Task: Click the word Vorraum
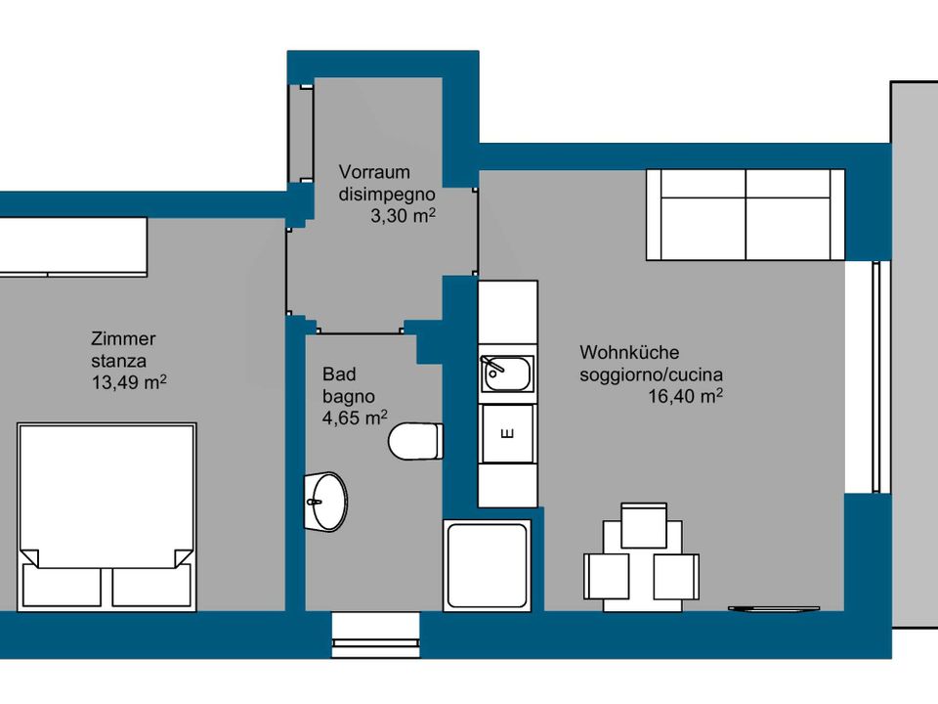point(374,172)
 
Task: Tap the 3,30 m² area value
point(403,215)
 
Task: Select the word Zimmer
point(123,339)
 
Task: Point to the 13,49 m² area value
point(129,382)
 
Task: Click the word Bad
point(339,374)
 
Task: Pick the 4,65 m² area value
point(355,418)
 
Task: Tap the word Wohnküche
point(629,352)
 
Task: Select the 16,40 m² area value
point(686,396)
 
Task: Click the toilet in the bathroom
point(416,441)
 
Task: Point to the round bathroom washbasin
point(326,502)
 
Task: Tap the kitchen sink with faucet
point(507,374)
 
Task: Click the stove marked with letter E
point(507,433)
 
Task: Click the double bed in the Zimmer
point(107,517)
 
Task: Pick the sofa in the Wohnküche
point(746,215)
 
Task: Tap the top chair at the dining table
point(644,525)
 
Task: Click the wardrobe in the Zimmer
point(73,246)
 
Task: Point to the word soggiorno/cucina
point(651,374)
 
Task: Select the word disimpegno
point(387,195)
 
